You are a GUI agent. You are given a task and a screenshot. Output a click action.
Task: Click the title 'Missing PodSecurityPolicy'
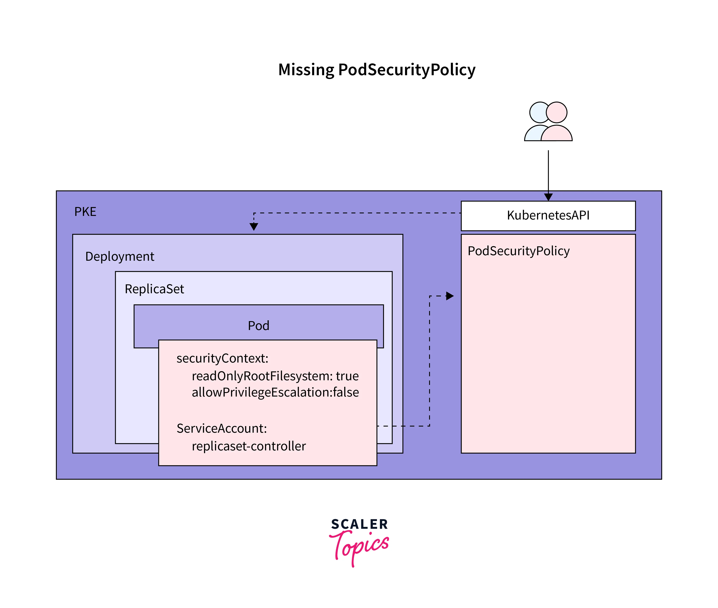click(377, 70)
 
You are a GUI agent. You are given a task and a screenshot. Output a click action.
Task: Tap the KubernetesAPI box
click(548, 215)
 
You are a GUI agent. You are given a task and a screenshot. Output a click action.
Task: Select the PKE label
click(85, 212)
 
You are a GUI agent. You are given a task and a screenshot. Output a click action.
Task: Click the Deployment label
click(120, 256)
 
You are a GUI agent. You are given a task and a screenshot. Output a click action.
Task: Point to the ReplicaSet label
click(154, 289)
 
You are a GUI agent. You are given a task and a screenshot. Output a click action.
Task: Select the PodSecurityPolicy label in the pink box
click(518, 251)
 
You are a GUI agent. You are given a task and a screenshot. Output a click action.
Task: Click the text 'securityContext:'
click(222, 359)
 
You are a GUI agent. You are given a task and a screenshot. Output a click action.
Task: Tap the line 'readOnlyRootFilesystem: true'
click(275, 376)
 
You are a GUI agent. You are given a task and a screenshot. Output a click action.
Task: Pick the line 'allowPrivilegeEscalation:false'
click(275, 392)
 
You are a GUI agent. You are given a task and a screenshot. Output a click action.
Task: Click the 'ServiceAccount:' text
click(222, 428)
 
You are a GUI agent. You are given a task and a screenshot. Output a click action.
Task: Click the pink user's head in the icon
click(556, 112)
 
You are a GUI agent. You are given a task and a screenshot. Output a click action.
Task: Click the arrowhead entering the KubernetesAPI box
click(548, 197)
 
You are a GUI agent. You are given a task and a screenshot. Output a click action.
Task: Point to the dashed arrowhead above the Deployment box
click(254, 226)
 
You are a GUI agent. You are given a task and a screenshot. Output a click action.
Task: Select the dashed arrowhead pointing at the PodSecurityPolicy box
click(450, 296)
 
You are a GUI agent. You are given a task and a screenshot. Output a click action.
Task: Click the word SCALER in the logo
click(359, 524)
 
